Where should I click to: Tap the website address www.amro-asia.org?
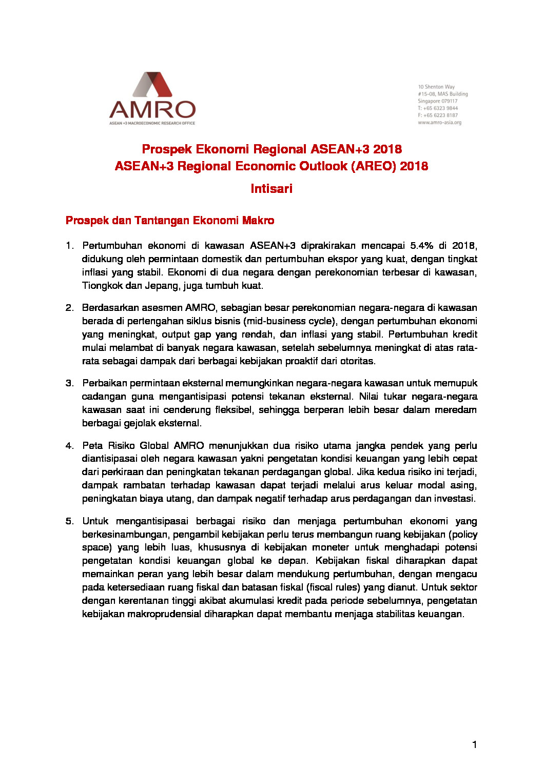tap(439, 123)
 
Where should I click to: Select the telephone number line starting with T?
tap(437, 108)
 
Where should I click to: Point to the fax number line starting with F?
tap(437, 115)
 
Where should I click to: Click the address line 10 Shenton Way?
tap(436, 87)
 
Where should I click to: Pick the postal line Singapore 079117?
tap(437, 101)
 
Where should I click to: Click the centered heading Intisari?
tap(271, 189)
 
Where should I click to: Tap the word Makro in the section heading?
tap(258, 221)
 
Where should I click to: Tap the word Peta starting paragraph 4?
tap(92, 446)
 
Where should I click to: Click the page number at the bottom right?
tap(474, 744)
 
